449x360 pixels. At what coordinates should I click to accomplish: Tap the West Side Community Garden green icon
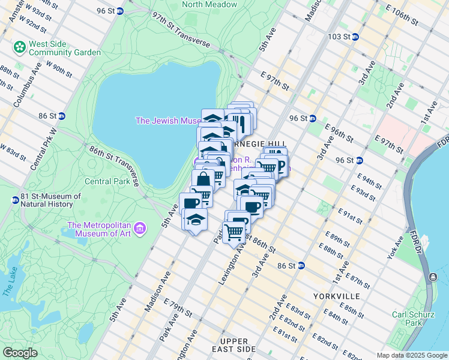(20, 46)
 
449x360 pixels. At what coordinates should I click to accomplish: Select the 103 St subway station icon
(355, 37)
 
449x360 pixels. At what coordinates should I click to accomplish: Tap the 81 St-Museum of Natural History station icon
(14, 200)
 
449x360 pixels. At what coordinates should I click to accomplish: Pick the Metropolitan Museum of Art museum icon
(140, 228)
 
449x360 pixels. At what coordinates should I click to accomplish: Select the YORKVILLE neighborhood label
(336, 296)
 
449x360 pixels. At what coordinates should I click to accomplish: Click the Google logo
(20, 353)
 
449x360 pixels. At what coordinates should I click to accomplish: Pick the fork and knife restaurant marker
(242, 124)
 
